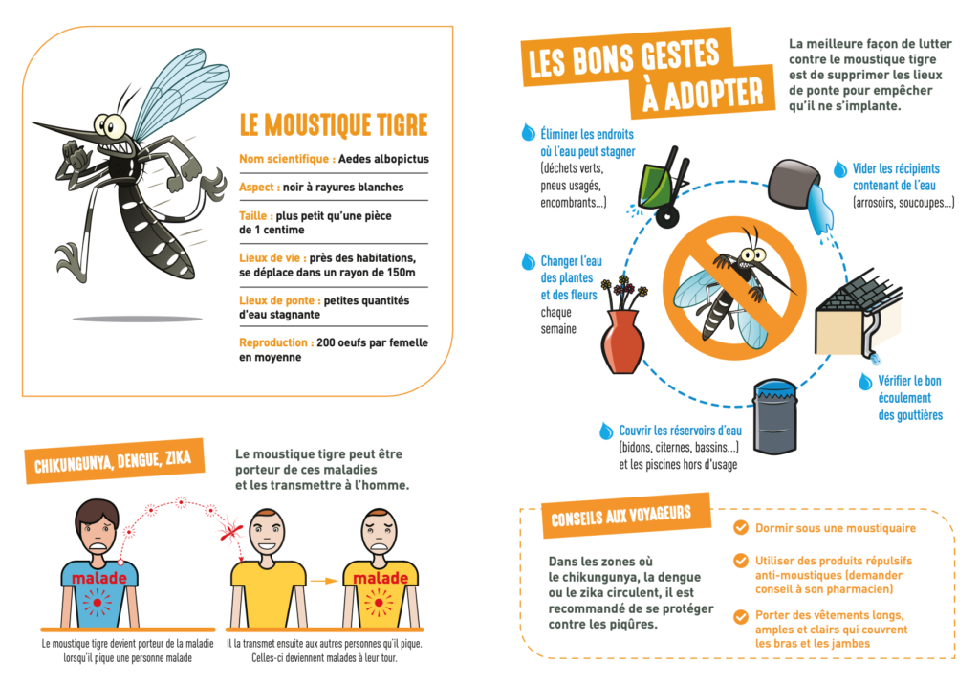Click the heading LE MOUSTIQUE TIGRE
click(334, 125)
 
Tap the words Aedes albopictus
click(383, 159)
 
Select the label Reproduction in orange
click(272, 342)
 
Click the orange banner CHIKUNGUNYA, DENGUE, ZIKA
click(115, 461)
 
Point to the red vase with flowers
click(621, 327)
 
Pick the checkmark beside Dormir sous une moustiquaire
click(741, 528)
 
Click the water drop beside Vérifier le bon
click(864, 382)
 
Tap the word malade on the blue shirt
click(99, 578)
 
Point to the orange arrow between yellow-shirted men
click(324, 581)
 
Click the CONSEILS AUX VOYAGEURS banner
click(626, 516)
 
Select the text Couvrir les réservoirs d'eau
click(680, 431)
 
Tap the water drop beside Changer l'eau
click(528, 261)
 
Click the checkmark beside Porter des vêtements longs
click(741, 617)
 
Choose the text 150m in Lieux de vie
click(402, 273)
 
